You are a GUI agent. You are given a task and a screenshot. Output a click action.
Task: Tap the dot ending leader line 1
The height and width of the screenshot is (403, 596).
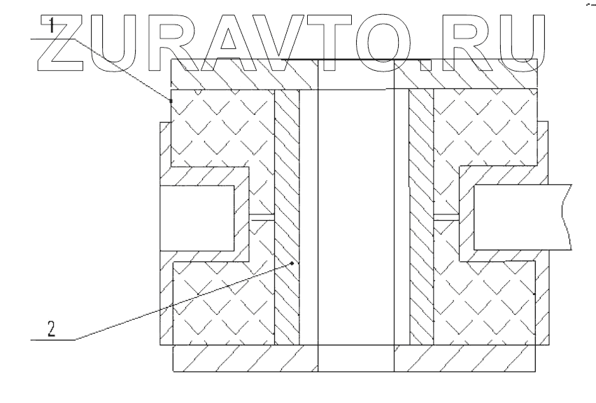[171, 101]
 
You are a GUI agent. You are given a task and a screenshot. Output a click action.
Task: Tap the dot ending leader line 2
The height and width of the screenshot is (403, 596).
[293, 262]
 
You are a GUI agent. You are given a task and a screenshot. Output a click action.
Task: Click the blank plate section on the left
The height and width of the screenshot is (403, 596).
[197, 217]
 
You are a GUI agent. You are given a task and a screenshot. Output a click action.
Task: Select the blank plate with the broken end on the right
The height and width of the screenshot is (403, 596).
[522, 217]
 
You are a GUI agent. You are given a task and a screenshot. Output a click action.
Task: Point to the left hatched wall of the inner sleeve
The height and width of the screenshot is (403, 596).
[287, 217]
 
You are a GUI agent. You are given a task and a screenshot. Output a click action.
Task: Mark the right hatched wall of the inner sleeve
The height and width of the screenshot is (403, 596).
[421, 217]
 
